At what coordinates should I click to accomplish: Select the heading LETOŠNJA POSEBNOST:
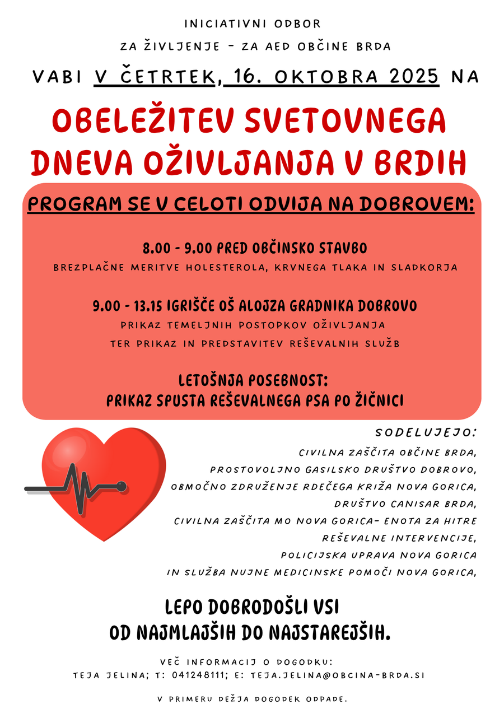(253, 381)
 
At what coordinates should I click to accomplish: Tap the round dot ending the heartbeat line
(121, 484)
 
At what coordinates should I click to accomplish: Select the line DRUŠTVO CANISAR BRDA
(405, 504)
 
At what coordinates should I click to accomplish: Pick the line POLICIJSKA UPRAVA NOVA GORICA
(379, 556)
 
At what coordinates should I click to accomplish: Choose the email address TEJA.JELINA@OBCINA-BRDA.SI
(337, 675)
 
